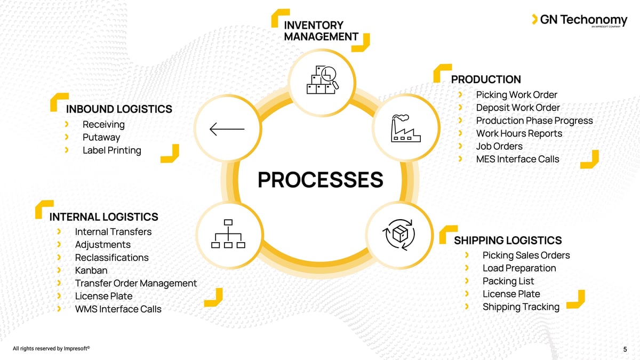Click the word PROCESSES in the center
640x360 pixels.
pos(320,180)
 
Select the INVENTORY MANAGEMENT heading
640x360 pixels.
pos(321,31)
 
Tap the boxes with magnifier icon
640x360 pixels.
pos(322,81)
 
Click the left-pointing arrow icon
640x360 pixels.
pos(227,130)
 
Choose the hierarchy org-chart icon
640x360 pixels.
pos(228,234)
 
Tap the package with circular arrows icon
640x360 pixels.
pos(399,234)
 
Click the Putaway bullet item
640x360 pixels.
pos(101,138)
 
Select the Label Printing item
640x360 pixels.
pos(112,150)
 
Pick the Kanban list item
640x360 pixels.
pos(91,270)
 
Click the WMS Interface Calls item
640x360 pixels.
pos(118,309)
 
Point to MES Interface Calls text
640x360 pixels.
pos(517,159)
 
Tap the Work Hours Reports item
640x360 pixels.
pos(519,133)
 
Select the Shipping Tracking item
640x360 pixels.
pos(521,307)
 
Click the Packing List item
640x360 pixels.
pos(508,281)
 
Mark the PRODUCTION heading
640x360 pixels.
pos(486,80)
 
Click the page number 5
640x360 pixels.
pos(625,350)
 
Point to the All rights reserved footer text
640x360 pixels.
pos(51,349)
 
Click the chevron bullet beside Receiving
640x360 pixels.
pos(67,124)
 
